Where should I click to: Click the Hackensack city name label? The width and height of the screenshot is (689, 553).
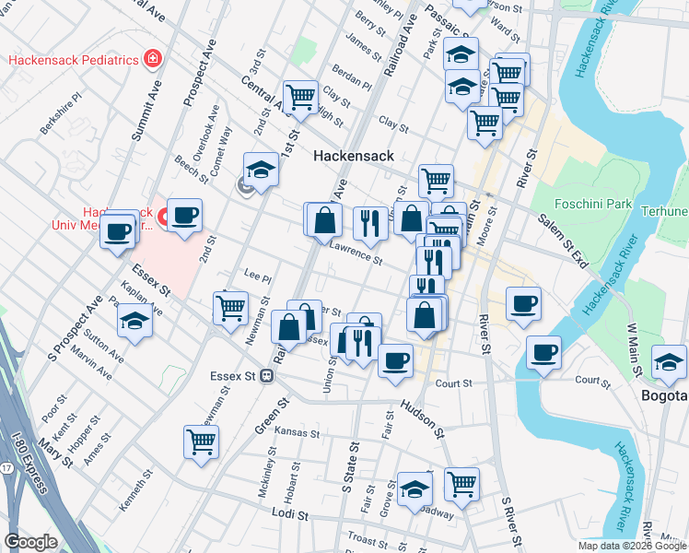click(x=353, y=156)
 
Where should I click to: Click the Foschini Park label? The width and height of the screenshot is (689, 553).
click(x=591, y=203)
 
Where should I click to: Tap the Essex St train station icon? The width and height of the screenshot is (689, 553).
click(x=266, y=375)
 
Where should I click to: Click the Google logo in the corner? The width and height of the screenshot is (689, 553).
click(x=30, y=541)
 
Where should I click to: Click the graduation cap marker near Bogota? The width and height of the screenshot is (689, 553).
click(x=668, y=360)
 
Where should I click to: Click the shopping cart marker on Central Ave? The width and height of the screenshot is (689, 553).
click(x=300, y=95)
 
